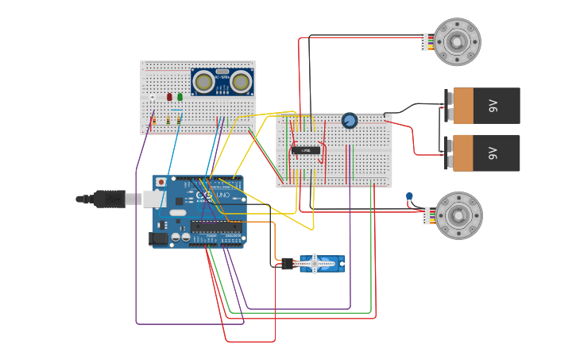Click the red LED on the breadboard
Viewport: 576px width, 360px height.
coord(169,97)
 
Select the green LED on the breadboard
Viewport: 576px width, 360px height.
coord(180,97)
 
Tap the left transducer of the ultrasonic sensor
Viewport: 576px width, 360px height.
coord(204,81)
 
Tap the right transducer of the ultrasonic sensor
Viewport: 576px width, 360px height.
coord(241,81)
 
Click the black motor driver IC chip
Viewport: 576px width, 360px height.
coord(306,150)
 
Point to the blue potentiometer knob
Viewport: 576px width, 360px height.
coord(350,121)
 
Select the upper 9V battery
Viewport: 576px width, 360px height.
coord(485,106)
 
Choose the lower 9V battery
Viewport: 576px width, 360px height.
coord(485,153)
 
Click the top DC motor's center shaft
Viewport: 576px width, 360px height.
coord(457,41)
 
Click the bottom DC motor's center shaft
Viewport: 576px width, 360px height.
coord(458,215)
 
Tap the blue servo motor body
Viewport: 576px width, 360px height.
coord(321,264)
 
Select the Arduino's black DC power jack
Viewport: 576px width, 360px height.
coord(160,238)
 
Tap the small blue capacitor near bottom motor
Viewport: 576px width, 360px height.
coord(409,196)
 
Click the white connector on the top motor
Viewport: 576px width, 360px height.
coord(425,41)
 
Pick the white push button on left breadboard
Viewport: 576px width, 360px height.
coord(153,98)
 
